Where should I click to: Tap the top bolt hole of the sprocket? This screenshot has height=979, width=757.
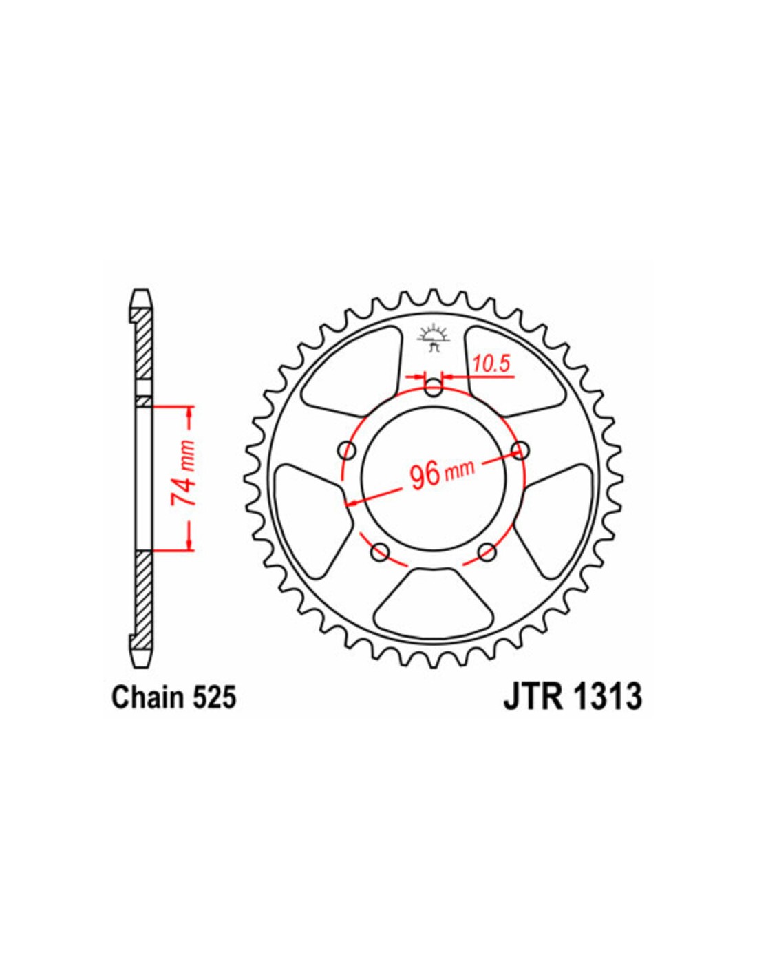pyautogui.click(x=434, y=388)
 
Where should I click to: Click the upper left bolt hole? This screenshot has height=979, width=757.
pyautogui.click(x=347, y=450)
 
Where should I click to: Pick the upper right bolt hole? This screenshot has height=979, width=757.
pyautogui.click(x=521, y=450)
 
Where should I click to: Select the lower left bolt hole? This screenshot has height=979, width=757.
pyautogui.click(x=381, y=552)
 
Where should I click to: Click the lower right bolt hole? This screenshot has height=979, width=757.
pyautogui.click(x=487, y=552)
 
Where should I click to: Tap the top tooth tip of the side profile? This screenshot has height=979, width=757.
pyautogui.click(x=142, y=291)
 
